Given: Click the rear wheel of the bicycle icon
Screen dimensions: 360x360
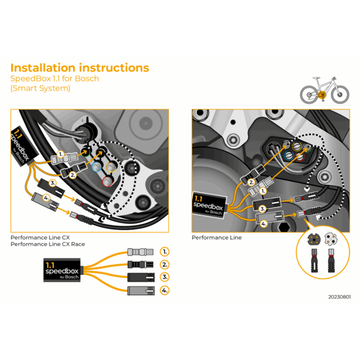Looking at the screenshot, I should click(x=309, y=94).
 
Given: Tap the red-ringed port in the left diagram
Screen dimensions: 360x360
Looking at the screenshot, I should click(x=106, y=181).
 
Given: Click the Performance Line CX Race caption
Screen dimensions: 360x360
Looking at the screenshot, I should click(x=47, y=244).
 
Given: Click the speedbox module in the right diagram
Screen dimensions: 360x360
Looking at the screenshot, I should click(x=209, y=203).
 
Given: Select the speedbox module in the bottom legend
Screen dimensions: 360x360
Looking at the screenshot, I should click(x=62, y=270).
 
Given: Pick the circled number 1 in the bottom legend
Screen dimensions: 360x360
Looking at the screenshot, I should click(x=165, y=251).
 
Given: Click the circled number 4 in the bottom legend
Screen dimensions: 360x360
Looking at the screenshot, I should click(x=165, y=290).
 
